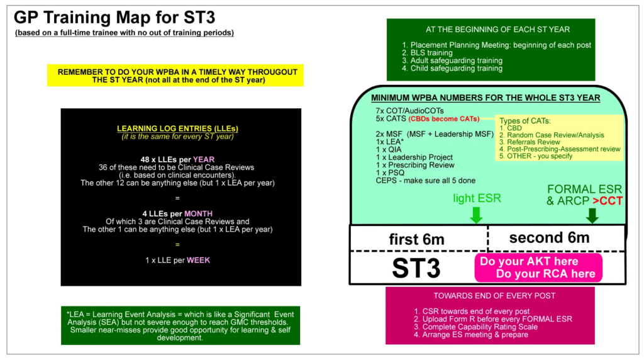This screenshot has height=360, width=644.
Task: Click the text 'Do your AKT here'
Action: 529,261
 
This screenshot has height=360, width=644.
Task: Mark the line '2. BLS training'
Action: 427,53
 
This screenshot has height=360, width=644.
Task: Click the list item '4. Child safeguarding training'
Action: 452,68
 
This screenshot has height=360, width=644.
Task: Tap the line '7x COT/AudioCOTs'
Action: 407,111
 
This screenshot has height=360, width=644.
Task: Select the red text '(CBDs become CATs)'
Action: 443,118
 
